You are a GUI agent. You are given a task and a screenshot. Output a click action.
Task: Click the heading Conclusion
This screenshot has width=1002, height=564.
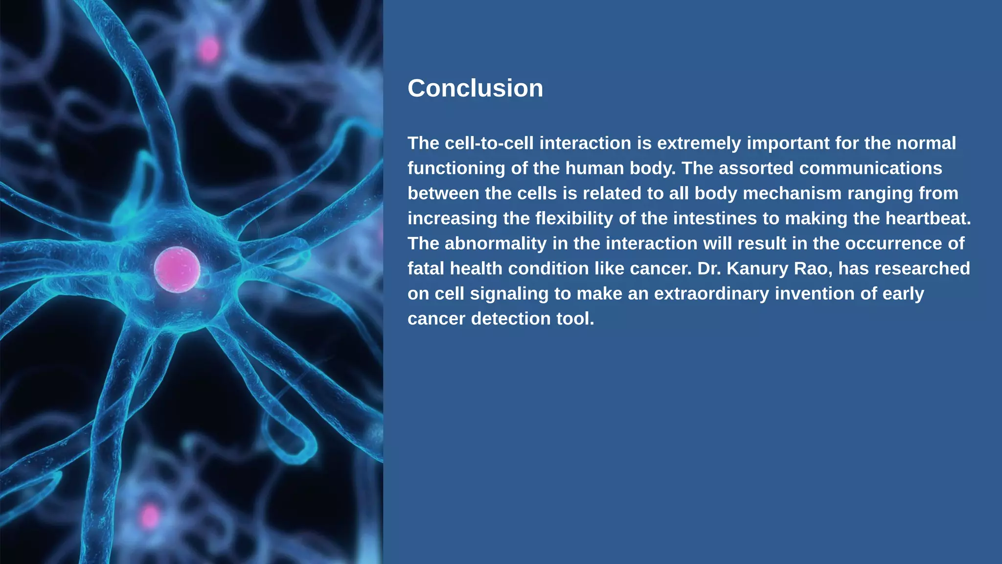475,89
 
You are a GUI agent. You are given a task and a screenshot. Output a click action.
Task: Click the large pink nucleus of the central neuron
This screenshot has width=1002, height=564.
177,270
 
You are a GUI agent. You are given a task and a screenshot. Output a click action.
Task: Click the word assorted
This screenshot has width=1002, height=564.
756,168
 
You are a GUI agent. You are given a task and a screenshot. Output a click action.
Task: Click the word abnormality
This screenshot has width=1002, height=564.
495,243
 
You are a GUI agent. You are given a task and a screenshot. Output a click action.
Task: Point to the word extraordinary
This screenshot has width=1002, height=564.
711,294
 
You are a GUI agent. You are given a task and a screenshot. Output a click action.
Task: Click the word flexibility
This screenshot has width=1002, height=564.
574,218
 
